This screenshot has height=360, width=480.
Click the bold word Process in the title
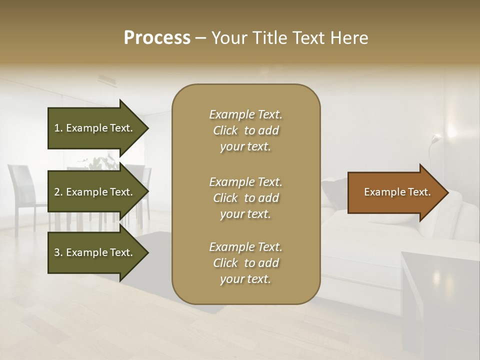click(157, 37)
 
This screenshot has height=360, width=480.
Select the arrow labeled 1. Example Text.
click(95, 128)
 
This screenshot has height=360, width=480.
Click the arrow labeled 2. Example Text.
click(95, 192)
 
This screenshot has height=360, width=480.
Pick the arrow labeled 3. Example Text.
click(95, 252)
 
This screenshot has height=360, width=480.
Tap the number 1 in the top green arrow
click(57, 128)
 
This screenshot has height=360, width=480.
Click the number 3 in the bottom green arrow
click(57, 252)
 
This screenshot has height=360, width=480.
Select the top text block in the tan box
click(245, 130)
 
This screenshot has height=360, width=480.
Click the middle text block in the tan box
click(245, 198)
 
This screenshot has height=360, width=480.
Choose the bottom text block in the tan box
click(245, 263)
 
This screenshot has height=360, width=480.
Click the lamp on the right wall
click(436, 139)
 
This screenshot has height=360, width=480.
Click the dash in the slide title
click(201, 38)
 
